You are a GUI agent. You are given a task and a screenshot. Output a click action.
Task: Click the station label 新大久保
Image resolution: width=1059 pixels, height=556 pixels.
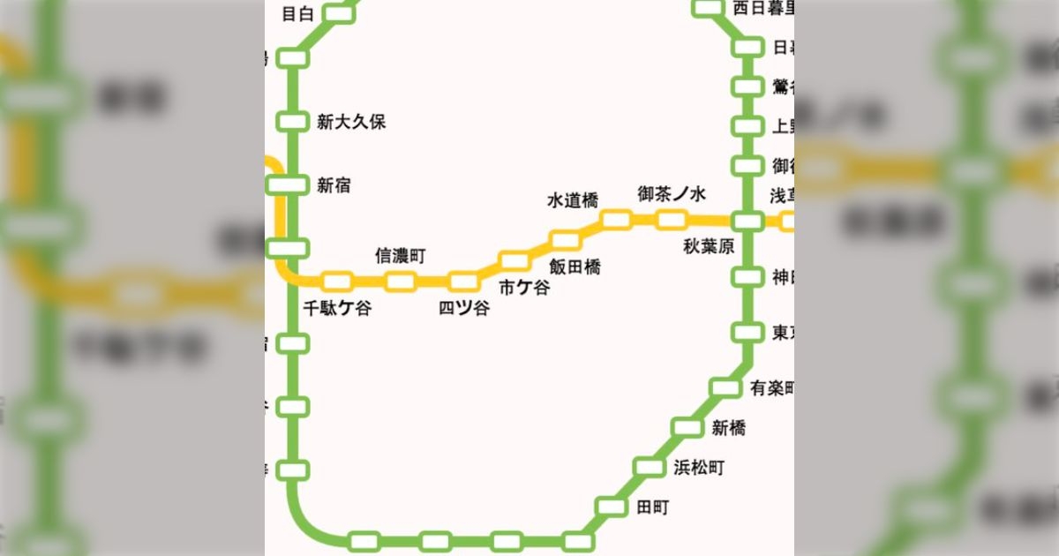tap(351, 122)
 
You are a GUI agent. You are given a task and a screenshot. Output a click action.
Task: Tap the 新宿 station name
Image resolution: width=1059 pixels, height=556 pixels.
tap(334, 185)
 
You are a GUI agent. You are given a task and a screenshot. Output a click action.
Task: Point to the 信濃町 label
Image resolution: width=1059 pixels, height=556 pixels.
tap(401, 256)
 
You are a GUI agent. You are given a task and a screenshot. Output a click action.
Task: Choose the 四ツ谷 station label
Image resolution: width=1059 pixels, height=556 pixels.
tap(464, 308)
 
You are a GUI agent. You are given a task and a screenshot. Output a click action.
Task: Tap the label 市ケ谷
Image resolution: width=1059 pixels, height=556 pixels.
tap(523, 287)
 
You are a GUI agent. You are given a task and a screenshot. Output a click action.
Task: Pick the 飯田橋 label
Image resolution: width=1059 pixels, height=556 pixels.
tap(575, 266)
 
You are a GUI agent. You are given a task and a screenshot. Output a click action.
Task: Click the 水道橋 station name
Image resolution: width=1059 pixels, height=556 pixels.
tap(573, 201)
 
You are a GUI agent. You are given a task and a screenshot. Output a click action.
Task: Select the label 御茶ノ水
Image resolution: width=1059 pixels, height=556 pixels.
tap(672, 193)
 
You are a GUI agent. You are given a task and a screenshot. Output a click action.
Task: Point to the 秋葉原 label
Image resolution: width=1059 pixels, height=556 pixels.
tap(709, 247)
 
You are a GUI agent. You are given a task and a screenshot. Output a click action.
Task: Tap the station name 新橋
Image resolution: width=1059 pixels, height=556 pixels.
tap(728, 428)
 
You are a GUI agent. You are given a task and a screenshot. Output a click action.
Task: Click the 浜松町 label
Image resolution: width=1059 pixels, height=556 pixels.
tap(698, 468)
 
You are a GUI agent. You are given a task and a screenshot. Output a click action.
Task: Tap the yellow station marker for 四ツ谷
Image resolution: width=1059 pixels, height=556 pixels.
tap(462, 282)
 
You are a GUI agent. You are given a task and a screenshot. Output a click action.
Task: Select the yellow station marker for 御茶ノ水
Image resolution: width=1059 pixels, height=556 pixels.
tap(672, 219)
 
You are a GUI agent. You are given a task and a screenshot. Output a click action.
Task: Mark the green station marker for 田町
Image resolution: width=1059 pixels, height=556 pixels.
tap(610, 507)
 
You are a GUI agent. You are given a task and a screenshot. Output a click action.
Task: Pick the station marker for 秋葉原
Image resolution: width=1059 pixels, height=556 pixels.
tap(747, 221)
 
